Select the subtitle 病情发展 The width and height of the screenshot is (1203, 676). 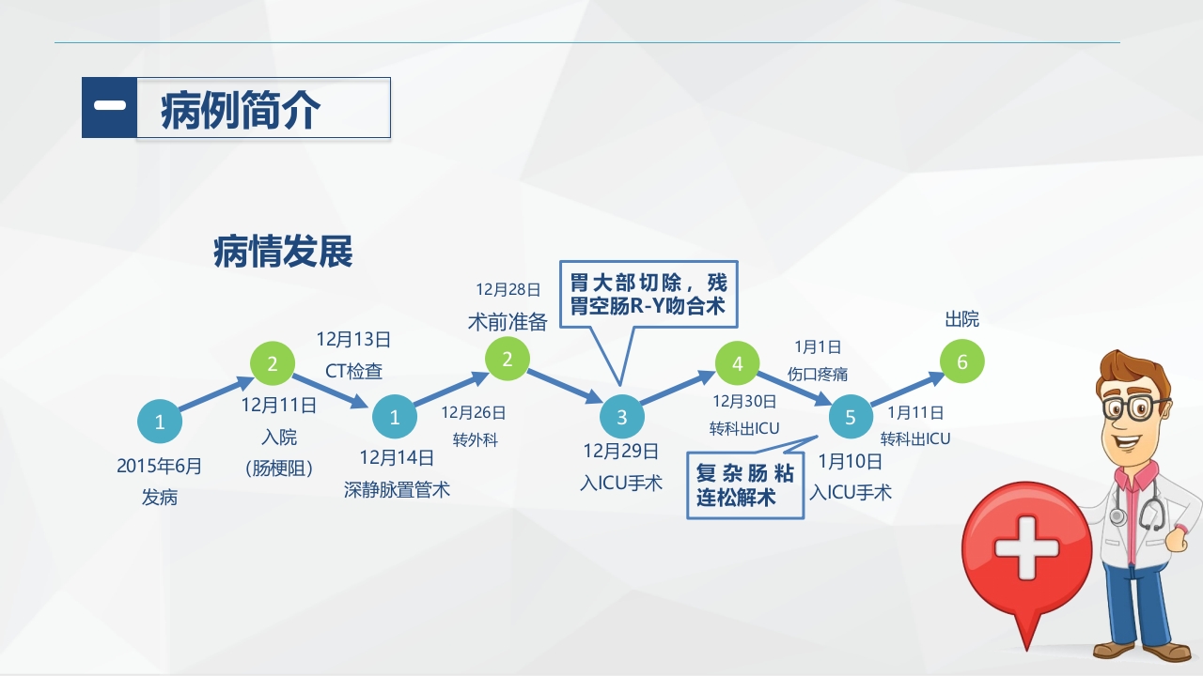[x=283, y=253]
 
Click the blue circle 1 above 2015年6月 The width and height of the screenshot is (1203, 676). [x=160, y=422]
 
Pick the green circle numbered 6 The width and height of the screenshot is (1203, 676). [x=961, y=361]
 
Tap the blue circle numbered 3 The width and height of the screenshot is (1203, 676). [x=621, y=417]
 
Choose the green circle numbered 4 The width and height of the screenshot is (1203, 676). [x=738, y=363]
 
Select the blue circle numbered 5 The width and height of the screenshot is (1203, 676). [x=851, y=416]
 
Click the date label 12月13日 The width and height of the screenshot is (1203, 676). [x=353, y=339]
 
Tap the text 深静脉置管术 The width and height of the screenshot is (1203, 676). [x=397, y=489]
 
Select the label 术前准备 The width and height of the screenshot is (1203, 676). [x=508, y=322]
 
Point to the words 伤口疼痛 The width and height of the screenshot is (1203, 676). [x=818, y=374]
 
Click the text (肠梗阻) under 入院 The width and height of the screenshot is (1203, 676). [x=278, y=469]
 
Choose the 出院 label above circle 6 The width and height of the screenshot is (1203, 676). [x=961, y=319]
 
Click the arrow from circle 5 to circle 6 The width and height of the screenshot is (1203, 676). [x=907, y=390]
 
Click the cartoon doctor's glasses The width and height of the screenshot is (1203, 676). [x=1134, y=407]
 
